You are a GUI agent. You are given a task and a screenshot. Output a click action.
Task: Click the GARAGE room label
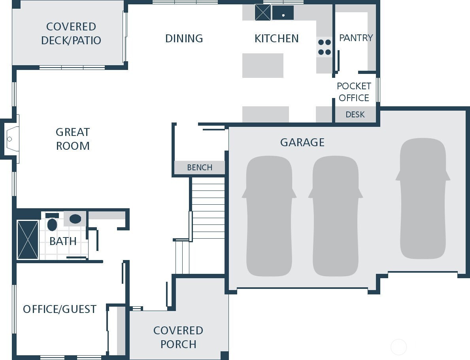pos(302,142)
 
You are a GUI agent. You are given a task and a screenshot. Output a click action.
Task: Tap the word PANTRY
pos(356,38)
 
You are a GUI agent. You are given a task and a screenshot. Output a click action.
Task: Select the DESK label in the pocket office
pos(355,115)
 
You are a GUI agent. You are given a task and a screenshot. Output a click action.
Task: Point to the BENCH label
pos(200,168)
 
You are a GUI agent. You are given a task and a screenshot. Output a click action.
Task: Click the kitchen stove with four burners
pos(325,47)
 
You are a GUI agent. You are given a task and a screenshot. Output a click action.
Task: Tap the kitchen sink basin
pos(283,13)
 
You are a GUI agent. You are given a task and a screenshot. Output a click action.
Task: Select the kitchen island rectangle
pos(262,66)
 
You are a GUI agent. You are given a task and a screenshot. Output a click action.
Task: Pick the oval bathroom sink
pos(75,219)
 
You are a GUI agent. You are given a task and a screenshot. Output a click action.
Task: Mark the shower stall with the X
pos(28,240)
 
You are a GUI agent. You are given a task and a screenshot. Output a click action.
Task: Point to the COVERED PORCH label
pos(178,337)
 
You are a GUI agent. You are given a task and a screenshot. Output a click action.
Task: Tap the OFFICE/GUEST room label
pos(60,309)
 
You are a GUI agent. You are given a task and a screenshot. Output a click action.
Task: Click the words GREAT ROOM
pos(73,139)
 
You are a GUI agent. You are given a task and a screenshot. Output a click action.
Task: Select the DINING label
pos(184,38)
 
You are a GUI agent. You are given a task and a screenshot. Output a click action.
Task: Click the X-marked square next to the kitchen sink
pos(262,12)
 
